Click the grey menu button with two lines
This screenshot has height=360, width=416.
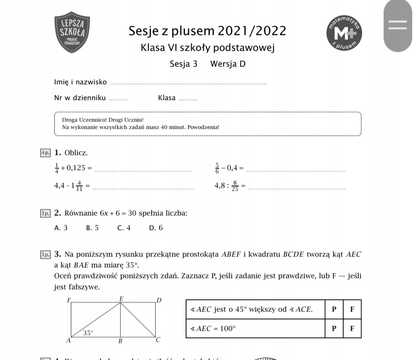point(398,25)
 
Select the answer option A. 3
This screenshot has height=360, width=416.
point(61,228)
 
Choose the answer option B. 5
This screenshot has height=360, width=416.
point(93,228)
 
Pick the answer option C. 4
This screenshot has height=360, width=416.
point(124,228)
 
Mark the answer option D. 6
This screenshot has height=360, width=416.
point(156,228)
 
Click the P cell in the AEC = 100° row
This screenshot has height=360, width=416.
point(334,328)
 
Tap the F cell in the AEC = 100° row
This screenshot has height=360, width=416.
point(352,328)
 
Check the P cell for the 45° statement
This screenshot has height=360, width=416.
point(334,309)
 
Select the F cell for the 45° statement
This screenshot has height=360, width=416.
point(352,309)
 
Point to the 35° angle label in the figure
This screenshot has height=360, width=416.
point(88,333)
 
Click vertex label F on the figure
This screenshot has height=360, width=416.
point(69,300)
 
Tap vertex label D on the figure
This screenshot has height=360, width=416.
point(159,300)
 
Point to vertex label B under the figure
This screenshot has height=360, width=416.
point(120,341)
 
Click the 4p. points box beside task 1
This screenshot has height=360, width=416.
point(45,153)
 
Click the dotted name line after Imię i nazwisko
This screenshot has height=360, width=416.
point(188,83)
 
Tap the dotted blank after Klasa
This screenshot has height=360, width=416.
point(188,99)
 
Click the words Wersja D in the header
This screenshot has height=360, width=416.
point(228,64)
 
